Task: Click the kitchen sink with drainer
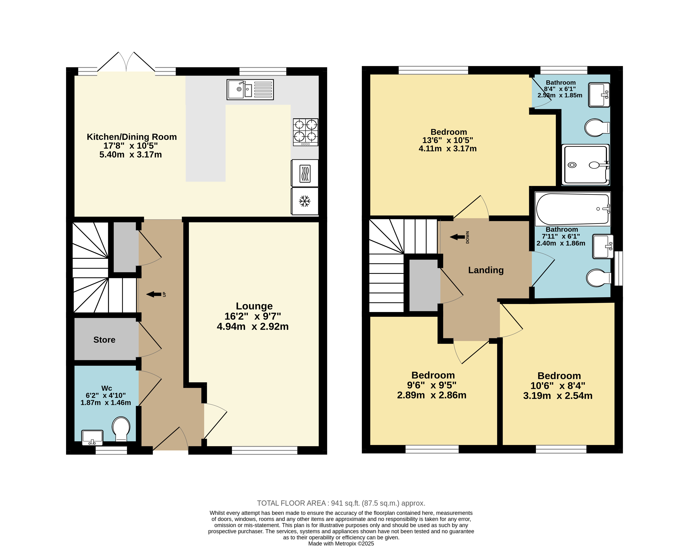pos(250,90)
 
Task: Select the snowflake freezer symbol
pos(305,201)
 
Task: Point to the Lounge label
pos(254,306)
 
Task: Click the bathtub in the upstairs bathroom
pos(573,209)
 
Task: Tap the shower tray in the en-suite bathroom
pos(586,165)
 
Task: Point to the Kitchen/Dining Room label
pos(132,137)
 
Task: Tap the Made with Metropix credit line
pos(341,544)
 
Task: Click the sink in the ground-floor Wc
pos(92,437)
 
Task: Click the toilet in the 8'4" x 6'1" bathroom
pos(597,128)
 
